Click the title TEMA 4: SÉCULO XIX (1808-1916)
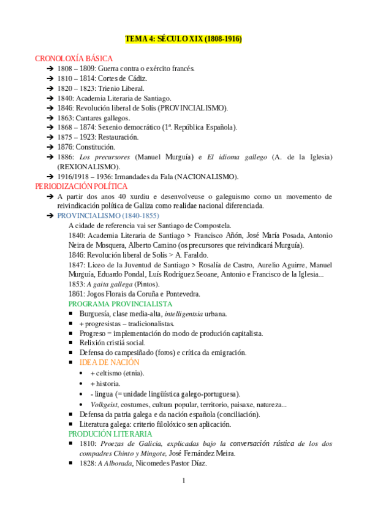pos(183,39)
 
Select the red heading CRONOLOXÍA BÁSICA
pos(74,58)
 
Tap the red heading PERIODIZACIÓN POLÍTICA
pos(81,186)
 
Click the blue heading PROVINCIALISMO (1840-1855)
pos(108,216)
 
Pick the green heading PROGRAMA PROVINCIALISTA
pos(120,304)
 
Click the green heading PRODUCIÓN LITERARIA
pos(110,434)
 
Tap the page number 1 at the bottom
pos(183,480)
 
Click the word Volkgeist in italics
pos(104,404)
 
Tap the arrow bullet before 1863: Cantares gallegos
pos(50,118)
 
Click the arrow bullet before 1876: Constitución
pos(50,147)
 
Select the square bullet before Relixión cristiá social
pos(72,343)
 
